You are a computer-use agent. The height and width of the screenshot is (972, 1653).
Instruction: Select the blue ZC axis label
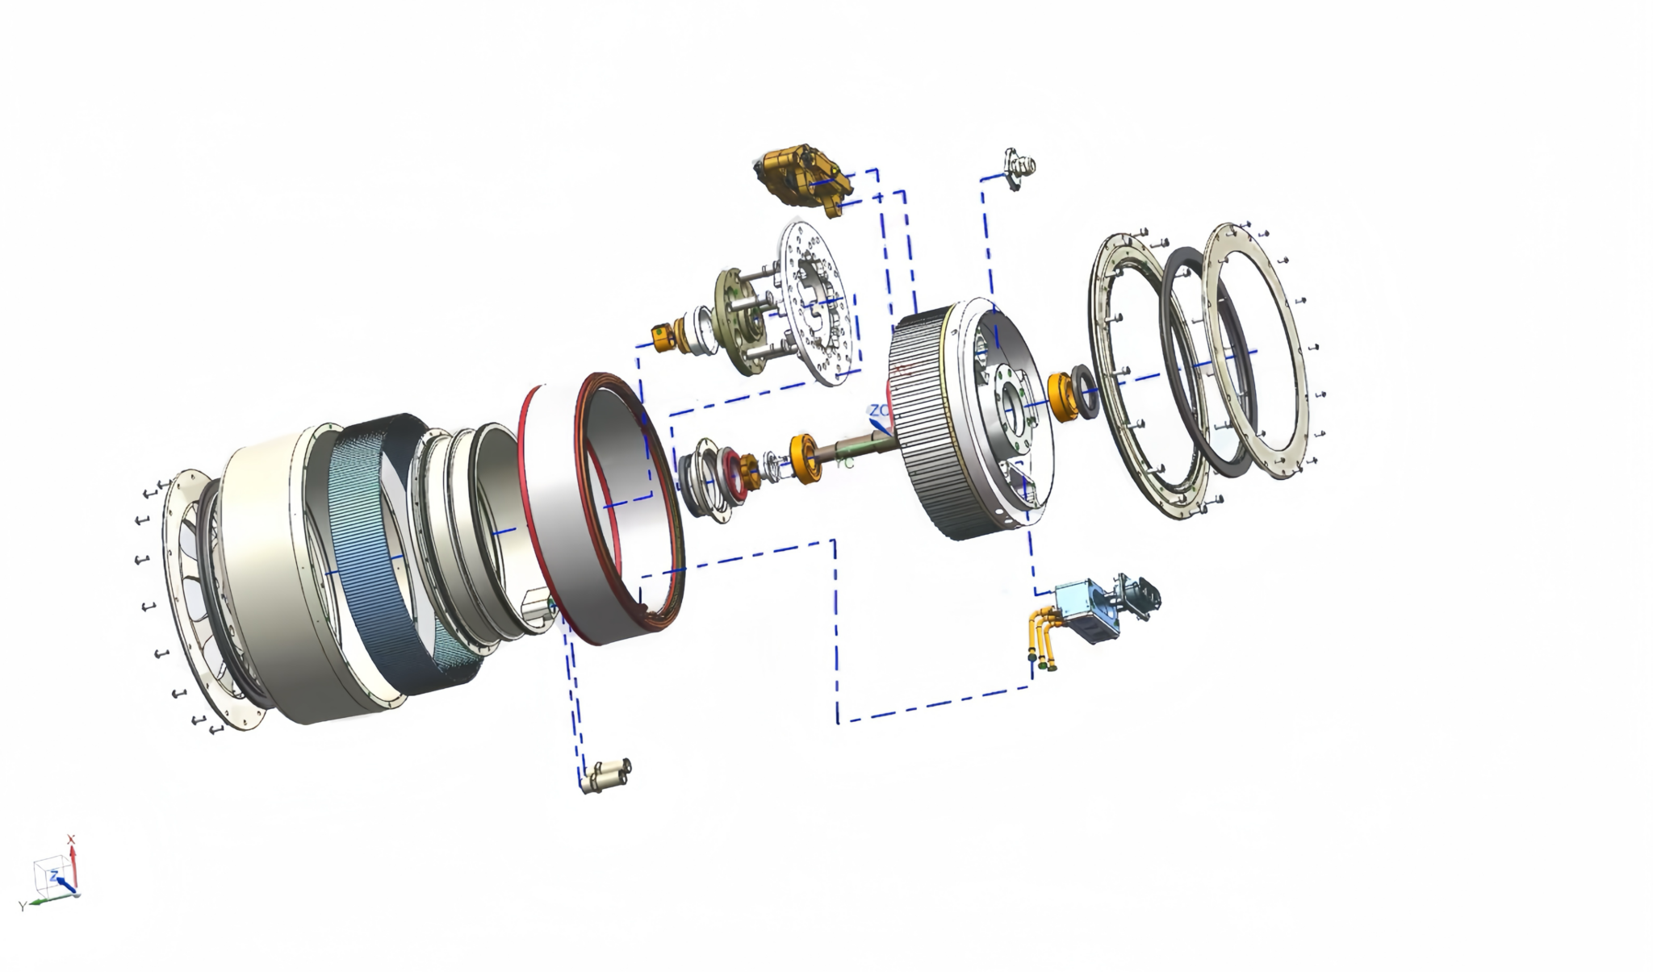click(877, 411)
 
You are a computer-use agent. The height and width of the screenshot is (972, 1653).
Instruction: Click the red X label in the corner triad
click(71, 839)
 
